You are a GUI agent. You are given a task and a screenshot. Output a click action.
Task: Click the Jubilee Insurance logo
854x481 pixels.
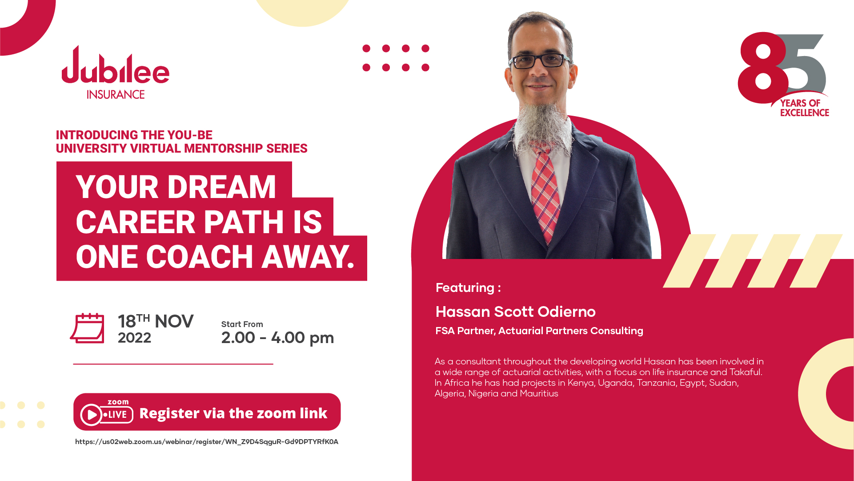point(116,73)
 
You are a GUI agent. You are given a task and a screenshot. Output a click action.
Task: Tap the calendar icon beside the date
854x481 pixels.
point(88,328)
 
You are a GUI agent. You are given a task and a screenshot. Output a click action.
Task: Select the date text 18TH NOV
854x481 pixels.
point(156,321)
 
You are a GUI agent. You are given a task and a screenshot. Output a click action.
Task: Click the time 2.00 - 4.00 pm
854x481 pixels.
point(277,338)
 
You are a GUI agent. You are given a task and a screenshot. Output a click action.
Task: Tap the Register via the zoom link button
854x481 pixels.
point(207,412)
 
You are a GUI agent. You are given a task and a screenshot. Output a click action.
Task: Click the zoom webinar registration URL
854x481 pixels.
point(207,442)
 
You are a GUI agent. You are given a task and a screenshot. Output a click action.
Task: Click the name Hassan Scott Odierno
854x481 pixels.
point(515,312)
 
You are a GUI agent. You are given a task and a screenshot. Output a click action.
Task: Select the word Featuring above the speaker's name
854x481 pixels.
point(465,288)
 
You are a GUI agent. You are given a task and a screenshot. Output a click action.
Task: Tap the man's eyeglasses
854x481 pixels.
point(540,61)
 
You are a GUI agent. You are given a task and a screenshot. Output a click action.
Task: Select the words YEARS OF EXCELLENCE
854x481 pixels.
point(804,108)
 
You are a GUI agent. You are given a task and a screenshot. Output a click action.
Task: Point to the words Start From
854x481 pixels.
point(242,324)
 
